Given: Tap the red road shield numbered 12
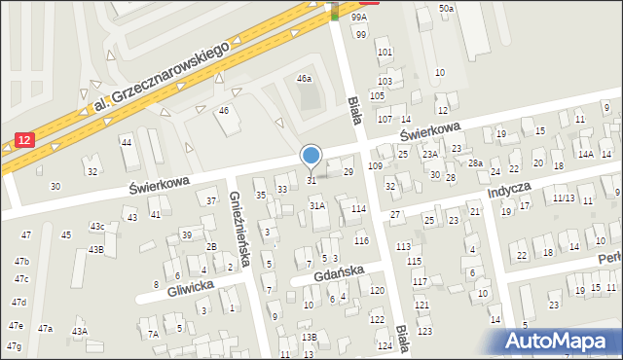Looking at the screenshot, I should click(23, 141).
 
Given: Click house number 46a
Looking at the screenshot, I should click(304, 79).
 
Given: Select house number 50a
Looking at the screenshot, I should click(446, 8).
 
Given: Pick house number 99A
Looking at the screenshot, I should click(359, 18).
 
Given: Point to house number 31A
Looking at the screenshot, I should click(316, 206).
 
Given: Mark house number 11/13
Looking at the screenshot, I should click(563, 198).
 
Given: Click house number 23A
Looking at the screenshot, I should click(430, 154).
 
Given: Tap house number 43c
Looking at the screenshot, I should click(97, 227).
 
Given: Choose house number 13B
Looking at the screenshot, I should click(309, 337).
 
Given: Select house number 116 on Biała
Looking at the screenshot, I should click(361, 240).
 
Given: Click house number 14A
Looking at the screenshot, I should click(585, 154).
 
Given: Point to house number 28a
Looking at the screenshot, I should click(475, 163).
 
